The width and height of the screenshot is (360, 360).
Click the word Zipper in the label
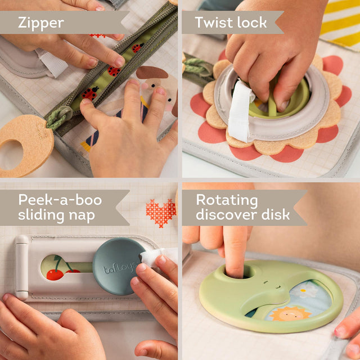[40, 23]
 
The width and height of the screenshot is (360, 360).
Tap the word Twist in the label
[214, 23]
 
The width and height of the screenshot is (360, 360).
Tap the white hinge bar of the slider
[22, 267]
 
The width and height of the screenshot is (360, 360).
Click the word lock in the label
[253, 23]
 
